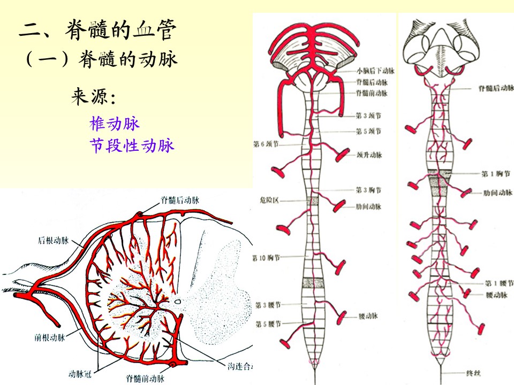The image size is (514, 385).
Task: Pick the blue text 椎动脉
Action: point(115,124)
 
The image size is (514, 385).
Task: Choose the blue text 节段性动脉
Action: point(132,145)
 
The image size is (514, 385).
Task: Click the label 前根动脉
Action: point(49,337)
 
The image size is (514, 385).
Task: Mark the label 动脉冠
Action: point(79,374)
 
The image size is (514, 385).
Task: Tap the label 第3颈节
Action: point(368,114)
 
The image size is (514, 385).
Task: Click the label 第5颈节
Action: point(368,131)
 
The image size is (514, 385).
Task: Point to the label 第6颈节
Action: point(266,143)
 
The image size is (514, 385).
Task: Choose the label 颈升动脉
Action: point(369,156)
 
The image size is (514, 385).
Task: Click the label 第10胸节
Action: point(266,258)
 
